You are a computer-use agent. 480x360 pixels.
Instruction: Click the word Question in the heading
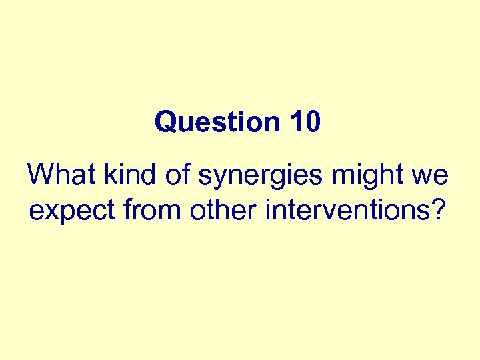click(x=218, y=123)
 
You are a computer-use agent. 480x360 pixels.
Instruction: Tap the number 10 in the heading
click(x=305, y=123)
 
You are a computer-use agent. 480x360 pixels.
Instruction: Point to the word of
click(x=167, y=175)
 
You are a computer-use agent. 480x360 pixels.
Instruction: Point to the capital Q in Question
click(x=164, y=123)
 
